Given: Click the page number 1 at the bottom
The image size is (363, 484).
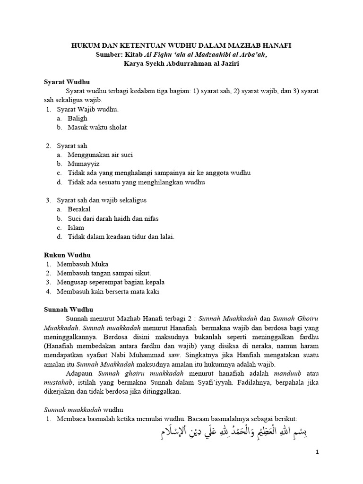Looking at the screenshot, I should pyautogui.click(x=318, y=452).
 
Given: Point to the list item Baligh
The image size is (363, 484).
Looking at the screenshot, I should pyautogui.click(x=78, y=119).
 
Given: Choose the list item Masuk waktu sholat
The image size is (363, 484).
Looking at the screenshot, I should pyautogui.click(x=97, y=128).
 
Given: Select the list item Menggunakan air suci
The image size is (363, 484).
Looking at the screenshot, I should pyautogui.click(x=101, y=155).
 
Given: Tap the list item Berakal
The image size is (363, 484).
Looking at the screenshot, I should pyautogui.click(x=79, y=209).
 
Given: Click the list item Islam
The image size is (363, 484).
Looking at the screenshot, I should pyautogui.click(x=76, y=227).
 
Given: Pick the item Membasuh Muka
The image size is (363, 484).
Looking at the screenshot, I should pyautogui.click(x=82, y=264).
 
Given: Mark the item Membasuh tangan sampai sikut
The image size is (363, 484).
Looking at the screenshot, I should pyautogui.click(x=104, y=273).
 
